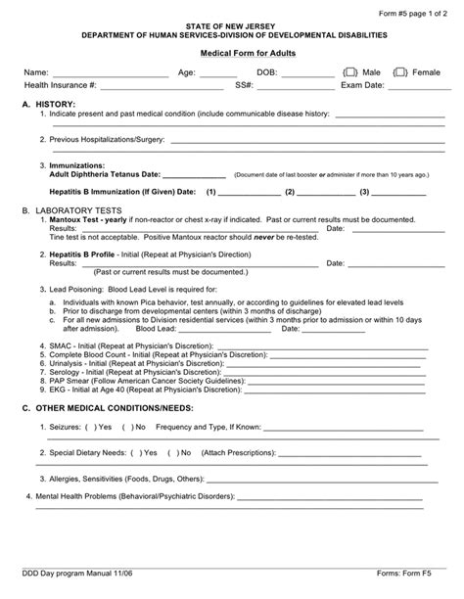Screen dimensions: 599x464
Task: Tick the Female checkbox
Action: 400,72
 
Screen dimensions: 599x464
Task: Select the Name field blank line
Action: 108,74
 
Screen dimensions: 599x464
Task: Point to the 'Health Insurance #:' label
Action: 60,85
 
